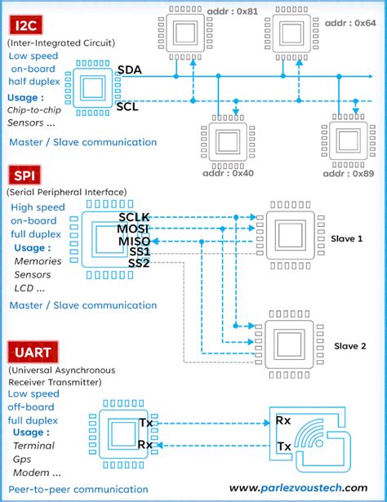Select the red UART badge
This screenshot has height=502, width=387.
pos(31,353)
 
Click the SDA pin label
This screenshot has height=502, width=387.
pos(129,70)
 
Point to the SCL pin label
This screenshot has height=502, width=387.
pos(127,106)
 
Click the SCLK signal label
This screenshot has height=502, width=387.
pos(134,217)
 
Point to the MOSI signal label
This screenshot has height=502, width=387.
pos(133,229)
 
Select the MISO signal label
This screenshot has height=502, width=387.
pos(133,242)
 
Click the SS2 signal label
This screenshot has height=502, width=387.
pos(139,264)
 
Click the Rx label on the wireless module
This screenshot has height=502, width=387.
pos(282,421)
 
